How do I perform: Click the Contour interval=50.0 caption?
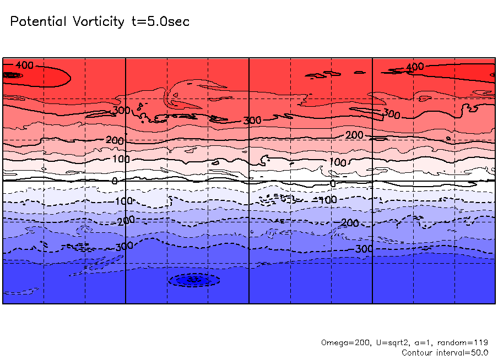[x=445, y=352]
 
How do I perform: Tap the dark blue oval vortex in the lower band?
[x=193, y=280]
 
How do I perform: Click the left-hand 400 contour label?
[x=24, y=66]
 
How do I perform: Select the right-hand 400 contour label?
[x=415, y=67]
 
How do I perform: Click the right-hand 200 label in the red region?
[x=354, y=135]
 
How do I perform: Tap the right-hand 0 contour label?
[x=332, y=183]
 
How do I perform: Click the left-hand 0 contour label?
[x=115, y=181]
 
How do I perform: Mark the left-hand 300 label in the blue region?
[x=124, y=246]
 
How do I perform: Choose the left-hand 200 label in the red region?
[x=115, y=141]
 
